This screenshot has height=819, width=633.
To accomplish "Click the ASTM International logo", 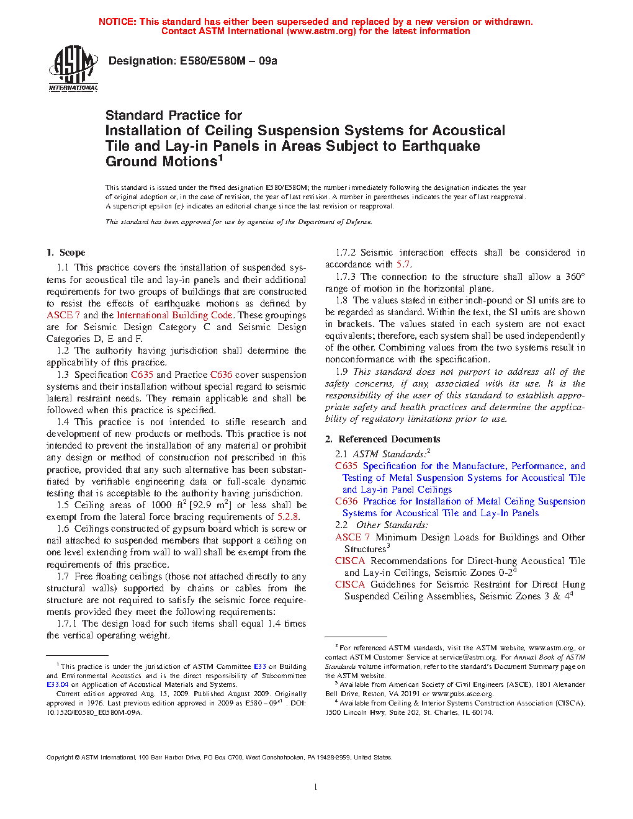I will [73, 68].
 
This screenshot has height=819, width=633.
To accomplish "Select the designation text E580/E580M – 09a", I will [228, 61].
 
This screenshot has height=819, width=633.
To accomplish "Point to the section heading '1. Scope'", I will [66, 253].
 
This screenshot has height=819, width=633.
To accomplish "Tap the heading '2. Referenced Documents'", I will [383, 439].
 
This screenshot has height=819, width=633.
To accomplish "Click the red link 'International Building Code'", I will [174, 315].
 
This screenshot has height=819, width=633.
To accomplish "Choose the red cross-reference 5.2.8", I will [288, 517].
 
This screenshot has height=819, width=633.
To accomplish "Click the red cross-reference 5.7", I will [403, 264].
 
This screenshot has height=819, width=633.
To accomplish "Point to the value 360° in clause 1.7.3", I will [575, 277].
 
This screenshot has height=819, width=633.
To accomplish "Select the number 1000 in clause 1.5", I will [161, 505].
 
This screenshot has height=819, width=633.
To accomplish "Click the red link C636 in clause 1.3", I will [221, 375].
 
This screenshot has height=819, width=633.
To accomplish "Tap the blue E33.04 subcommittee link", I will [57, 685].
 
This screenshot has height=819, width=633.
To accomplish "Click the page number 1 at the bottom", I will [316, 787].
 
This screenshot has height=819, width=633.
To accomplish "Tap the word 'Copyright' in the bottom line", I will [60, 758].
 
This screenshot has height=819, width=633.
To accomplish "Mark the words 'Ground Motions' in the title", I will [161, 162].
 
